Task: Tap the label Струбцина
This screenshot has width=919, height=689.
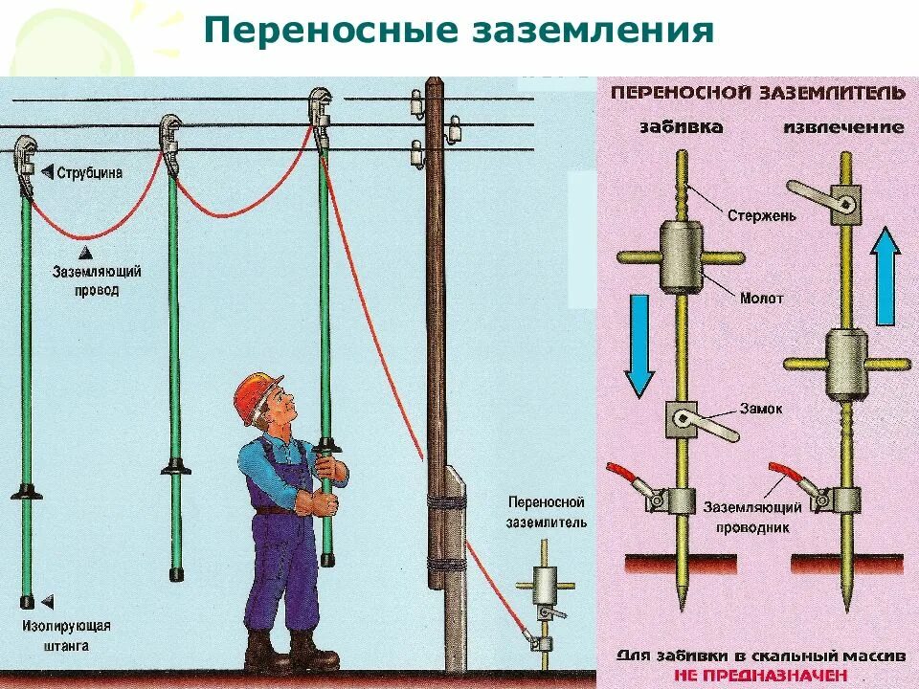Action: click(87, 174)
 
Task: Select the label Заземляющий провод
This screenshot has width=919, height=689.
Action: click(97, 280)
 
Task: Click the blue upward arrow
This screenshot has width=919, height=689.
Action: click(887, 278)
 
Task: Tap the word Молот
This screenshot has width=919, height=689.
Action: click(761, 299)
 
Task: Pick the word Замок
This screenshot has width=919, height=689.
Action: click(762, 409)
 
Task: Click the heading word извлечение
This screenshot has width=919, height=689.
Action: click(843, 126)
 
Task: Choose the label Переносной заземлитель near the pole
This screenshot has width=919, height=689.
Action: click(547, 512)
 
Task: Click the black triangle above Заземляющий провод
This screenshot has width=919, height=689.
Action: click(84, 253)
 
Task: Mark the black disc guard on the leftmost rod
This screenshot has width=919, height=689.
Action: click(27, 493)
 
